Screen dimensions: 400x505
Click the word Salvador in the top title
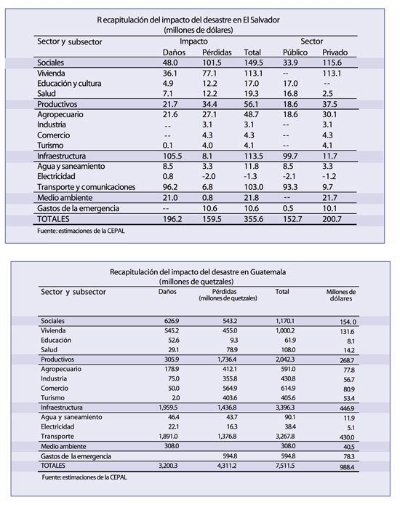click(265, 20)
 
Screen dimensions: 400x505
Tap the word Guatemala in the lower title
click(268, 272)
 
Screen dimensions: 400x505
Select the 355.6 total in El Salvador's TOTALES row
click(254, 219)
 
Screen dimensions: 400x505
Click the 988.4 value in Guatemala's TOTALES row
click(347, 466)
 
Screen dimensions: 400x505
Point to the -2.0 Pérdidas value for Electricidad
click(209, 177)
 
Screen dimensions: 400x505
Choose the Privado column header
click(335, 52)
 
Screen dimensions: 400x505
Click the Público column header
click(295, 52)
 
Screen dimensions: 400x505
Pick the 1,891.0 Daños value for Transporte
click(168, 436)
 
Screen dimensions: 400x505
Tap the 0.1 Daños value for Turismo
click(168, 146)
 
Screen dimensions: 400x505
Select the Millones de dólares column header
click(341, 295)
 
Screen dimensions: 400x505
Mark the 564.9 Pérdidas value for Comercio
click(230, 388)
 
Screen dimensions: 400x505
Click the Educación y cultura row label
click(69, 84)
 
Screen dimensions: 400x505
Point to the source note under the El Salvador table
click(81, 231)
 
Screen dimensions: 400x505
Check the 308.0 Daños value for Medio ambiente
click(172, 446)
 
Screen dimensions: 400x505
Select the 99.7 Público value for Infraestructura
click(290, 156)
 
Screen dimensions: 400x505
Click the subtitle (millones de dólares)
click(199, 31)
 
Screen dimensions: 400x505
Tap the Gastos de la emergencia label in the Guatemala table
click(76, 456)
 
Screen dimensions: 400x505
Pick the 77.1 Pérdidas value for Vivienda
click(209, 73)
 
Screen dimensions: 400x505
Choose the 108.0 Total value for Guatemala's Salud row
click(288, 349)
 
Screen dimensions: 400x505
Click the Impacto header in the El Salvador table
click(193, 41)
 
